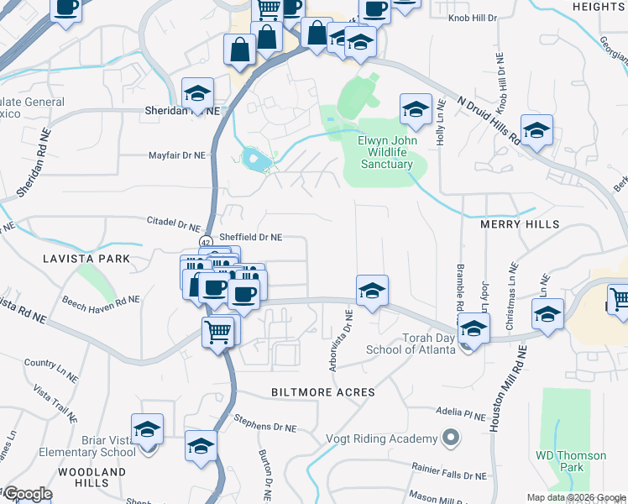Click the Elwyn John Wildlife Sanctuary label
386,152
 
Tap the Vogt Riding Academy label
382,439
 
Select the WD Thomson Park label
571,461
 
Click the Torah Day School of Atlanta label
408,344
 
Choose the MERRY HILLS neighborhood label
519,225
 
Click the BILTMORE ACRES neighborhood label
323,392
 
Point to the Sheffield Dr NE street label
250,238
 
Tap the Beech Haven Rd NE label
101,299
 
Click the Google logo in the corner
27,494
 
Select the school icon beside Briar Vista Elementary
147,431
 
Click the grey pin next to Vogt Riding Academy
452,438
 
